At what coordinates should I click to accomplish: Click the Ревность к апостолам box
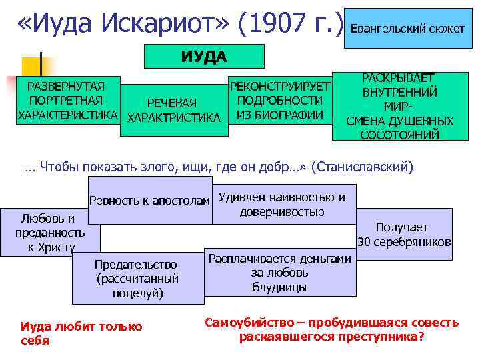tap(150, 201)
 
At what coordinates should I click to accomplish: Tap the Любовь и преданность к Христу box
tap(50, 233)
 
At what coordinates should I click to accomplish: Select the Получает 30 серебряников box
tap(405, 234)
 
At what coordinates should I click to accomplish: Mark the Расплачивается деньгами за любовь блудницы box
tap(280, 273)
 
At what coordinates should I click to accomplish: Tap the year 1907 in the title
tap(270, 25)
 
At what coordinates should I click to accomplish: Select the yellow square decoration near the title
tap(33, 67)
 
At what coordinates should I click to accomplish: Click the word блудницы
tap(280, 287)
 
